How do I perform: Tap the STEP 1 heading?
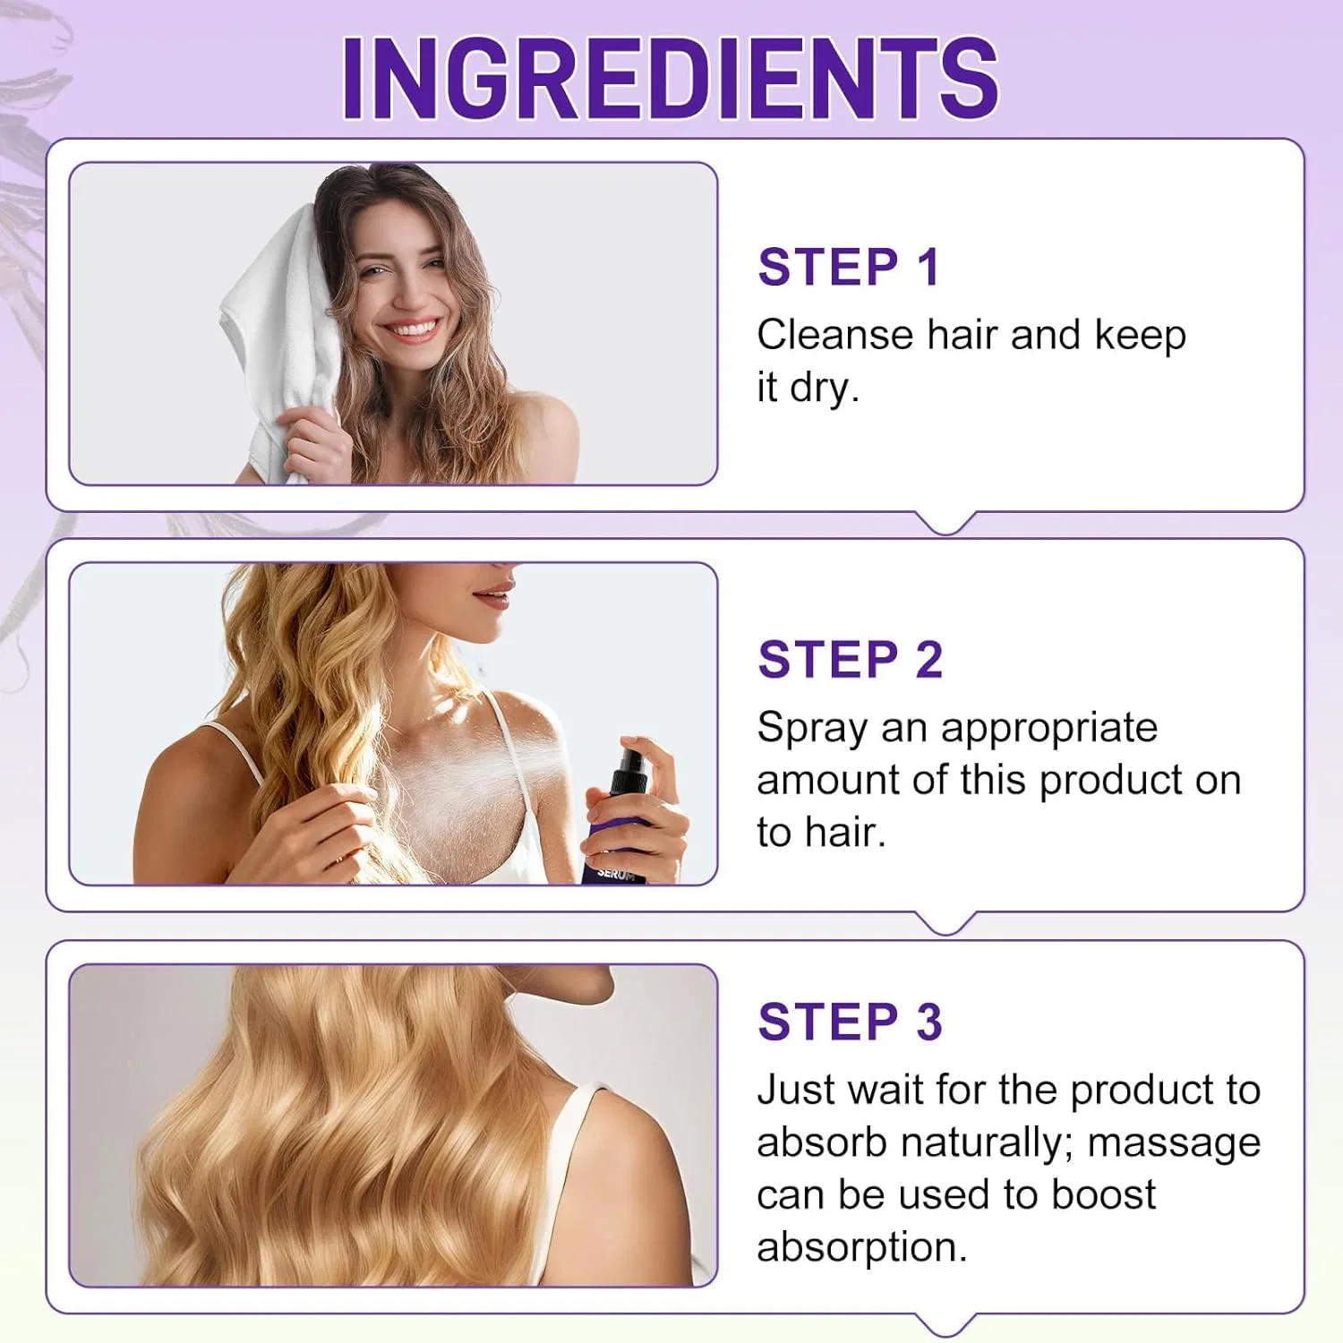click(x=849, y=267)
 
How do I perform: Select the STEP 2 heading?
click(x=851, y=660)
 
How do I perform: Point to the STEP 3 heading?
click(x=851, y=1022)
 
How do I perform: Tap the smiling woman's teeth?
click(x=413, y=329)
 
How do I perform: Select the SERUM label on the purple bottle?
click(x=617, y=872)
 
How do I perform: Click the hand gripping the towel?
click(x=312, y=443)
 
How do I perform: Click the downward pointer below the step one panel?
click(x=946, y=524)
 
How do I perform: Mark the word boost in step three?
click(x=1103, y=1195)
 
